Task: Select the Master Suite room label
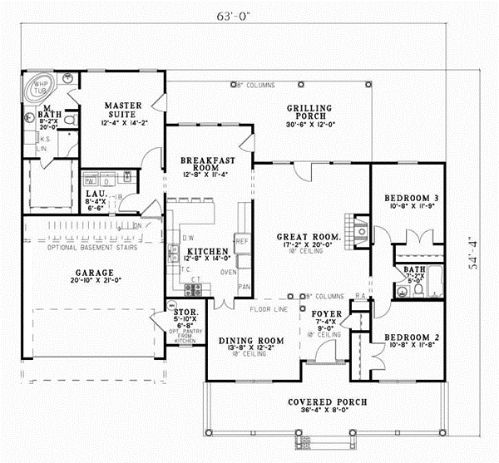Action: (124, 111)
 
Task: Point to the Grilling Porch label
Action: (309, 112)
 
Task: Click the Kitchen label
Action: (202, 250)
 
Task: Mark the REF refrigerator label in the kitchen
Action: (242, 241)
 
